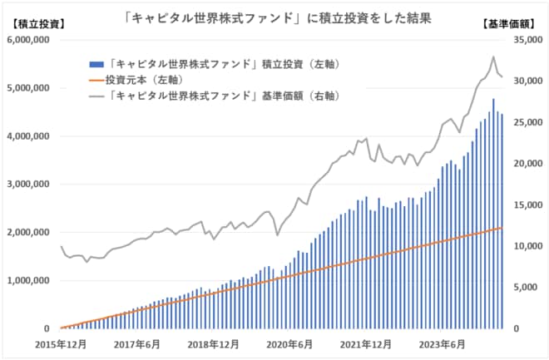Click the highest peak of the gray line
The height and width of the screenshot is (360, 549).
493,57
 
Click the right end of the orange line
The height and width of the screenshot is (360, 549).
502,228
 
